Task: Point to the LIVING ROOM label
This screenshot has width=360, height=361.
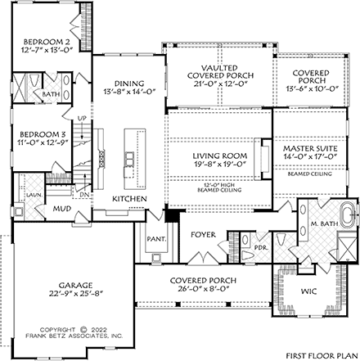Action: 218,154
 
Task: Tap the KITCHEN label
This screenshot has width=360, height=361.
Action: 129,199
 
